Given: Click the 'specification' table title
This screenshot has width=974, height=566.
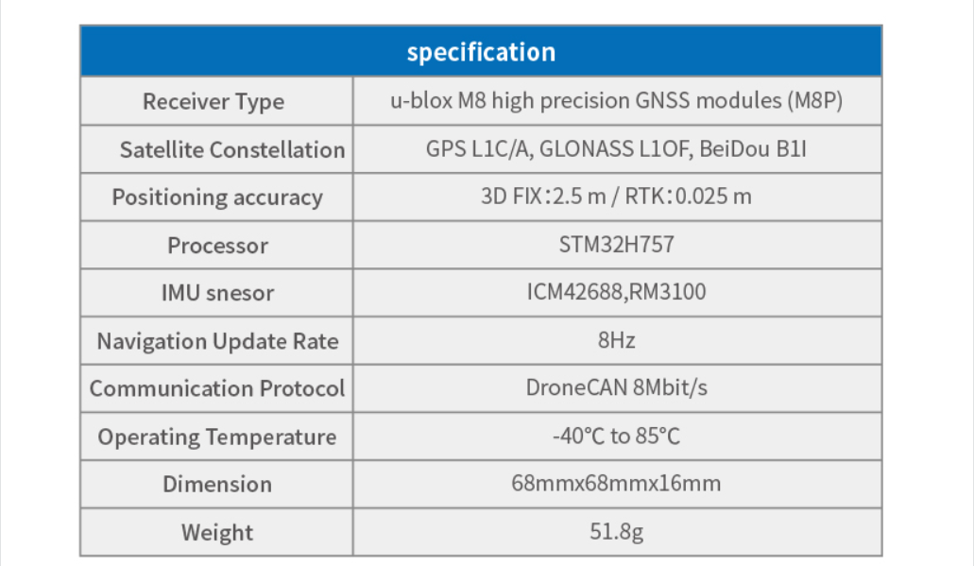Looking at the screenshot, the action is pyautogui.click(x=481, y=52).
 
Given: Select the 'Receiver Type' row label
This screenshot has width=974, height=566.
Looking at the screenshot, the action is pyautogui.click(x=214, y=101).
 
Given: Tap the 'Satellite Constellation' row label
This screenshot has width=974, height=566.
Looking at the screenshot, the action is pyautogui.click(x=232, y=149).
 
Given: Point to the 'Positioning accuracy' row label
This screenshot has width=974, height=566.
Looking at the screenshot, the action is pyautogui.click(x=217, y=197).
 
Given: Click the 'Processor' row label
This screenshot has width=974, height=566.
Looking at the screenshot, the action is pyautogui.click(x=217, y=246).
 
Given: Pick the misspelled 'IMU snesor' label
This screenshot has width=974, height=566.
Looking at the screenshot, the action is pyautogui.click(x=217, y=293).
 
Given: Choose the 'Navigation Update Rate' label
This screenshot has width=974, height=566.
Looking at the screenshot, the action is pyautogui.click(x=217, y=341).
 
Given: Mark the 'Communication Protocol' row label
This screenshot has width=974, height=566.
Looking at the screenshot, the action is pyautogui.click(x=216, y=388).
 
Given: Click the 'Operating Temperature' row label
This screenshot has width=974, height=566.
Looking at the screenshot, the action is pyautogui.click(x=216, y=437).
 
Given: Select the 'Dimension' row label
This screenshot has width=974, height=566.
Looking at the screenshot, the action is pyautogui.click(x=217, y=484).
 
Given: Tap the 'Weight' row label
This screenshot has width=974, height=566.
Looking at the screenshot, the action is pyautogui.click(x=217, y=532).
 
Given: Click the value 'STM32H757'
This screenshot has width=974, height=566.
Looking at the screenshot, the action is pyautogui.click(x=616, y=245).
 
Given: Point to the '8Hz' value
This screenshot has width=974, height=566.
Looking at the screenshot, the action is pyautogui.click(x=616, y=340).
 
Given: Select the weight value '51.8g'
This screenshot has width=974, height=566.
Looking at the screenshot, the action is pyautogui.click(x=616, y=532).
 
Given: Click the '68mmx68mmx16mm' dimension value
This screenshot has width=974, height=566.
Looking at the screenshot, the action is pyautogui.click(x=616, y=484).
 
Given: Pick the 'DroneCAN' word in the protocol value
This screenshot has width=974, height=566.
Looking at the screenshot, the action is pyautogui.click(x=577, y=387).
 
